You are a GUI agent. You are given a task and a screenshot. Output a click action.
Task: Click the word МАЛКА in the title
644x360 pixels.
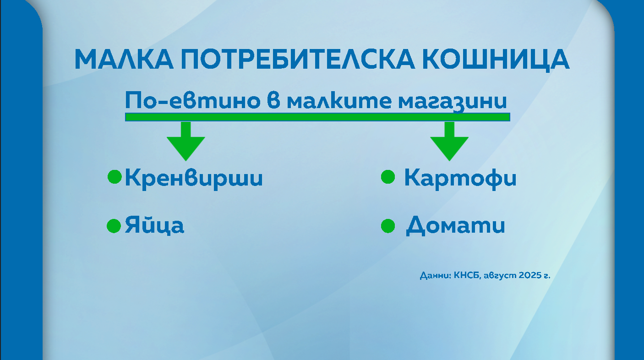(x=124, y=60)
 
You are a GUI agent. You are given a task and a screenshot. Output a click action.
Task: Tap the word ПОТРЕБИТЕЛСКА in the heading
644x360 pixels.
(x=298, y=60)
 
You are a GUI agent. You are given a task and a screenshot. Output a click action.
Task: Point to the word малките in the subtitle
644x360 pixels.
(x=339, y=100)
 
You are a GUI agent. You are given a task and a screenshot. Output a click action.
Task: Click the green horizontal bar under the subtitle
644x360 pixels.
(x=317, y=117)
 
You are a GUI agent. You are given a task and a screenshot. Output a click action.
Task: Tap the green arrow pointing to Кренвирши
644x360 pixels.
(x=186, y=141)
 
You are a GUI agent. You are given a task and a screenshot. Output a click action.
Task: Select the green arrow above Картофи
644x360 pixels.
(x=449, y=141)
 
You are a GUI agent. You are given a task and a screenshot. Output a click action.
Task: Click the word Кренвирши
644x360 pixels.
(x=194, y=178)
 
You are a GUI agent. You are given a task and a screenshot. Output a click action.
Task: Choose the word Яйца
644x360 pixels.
(x=154, y=225)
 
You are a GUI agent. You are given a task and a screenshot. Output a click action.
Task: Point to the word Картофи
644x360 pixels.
(x=460, y=178)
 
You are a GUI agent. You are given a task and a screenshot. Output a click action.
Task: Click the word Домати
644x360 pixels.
(x=455, y=226)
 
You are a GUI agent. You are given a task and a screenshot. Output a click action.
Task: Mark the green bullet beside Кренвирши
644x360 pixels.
(x=115, y=176)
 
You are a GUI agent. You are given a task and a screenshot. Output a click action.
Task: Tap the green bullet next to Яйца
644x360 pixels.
(x=114, y=226)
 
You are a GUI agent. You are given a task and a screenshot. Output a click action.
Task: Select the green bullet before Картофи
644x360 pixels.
(x=388, y=176)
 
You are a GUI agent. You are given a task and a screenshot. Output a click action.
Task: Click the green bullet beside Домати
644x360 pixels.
(x=388, y=226)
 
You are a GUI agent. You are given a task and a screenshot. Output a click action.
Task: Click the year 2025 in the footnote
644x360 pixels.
(x=530, y=275)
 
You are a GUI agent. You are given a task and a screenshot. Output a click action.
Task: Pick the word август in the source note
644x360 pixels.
(x=500, y=275)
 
